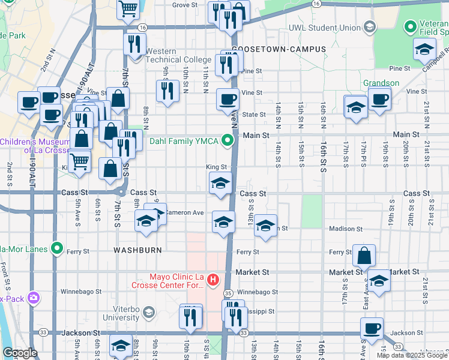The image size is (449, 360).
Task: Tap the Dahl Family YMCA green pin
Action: pyautogui.click(x=227, y=142)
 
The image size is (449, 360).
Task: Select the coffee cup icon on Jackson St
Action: pyautogui.click(x=372, y=328)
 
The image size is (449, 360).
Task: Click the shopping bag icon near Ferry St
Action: pyautogui.click(x=364, y=256)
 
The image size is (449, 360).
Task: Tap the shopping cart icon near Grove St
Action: pyautogui.click(x=128, y=8)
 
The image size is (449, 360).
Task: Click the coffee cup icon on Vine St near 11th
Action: pyautogui.click(x=227, y=98)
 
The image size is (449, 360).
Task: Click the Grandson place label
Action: pyautogui.click(x=381, y=83)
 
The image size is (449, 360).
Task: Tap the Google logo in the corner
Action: pyautogui.click(x=19, y=353)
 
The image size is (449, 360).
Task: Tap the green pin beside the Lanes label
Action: pyautogui.click(x=58, y=247)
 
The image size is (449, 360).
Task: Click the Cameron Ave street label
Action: pyautogui.click(x=185, y=213)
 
